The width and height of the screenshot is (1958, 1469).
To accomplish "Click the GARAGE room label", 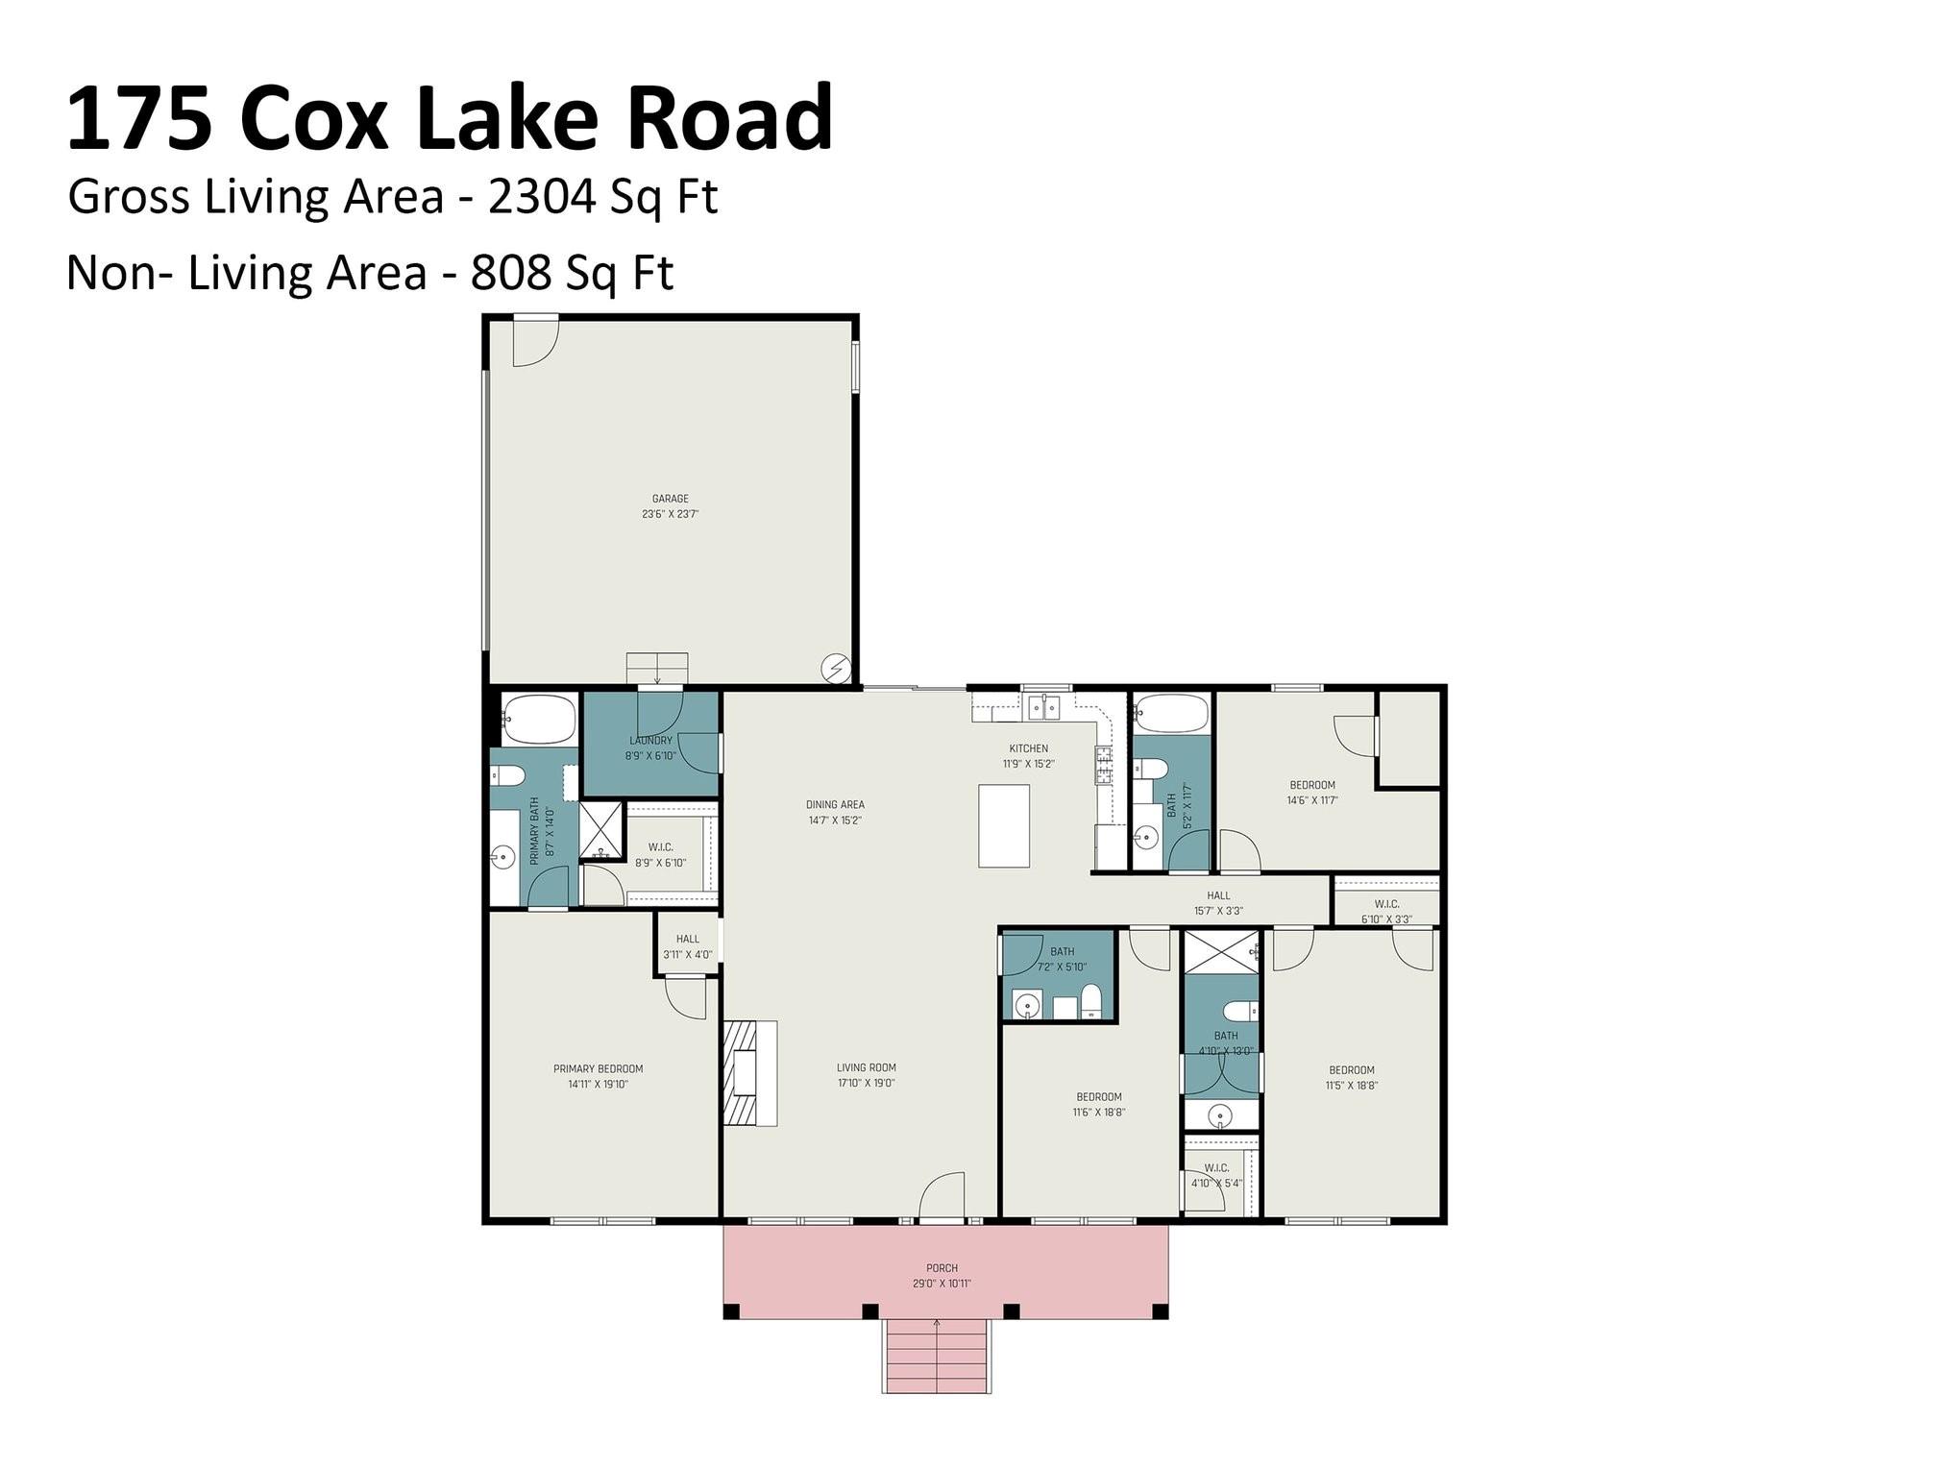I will pos(670,499).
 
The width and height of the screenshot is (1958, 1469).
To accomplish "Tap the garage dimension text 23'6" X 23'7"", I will pos(670,514).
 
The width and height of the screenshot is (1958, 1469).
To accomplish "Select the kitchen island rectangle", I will pos(1004,825).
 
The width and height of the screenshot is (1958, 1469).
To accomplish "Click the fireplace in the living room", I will pos(749,1072).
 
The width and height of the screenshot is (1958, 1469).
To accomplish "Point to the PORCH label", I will pos(942,1268).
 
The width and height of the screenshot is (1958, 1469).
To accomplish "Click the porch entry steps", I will pos(937,1356).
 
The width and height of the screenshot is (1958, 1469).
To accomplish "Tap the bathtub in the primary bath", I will pos(539,720).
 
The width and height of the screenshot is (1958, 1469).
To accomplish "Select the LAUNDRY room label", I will pos(650,741).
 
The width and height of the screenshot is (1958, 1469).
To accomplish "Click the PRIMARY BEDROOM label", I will pos(598,1068).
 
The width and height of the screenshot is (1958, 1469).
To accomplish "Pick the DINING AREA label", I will pos(835,805).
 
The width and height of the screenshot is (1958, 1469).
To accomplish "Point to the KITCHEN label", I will pos(1028,748).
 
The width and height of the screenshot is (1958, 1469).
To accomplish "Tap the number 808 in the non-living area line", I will pos(510,273).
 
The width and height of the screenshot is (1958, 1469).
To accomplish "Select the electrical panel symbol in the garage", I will pos(835,668).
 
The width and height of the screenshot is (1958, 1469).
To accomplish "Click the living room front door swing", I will pos(942,1196).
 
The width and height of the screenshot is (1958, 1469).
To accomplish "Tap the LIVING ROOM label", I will pos(866,1067).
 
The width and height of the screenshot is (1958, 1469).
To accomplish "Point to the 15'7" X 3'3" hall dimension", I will pos(1218,911).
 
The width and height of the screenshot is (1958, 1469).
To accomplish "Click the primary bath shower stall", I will pos(601,829).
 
